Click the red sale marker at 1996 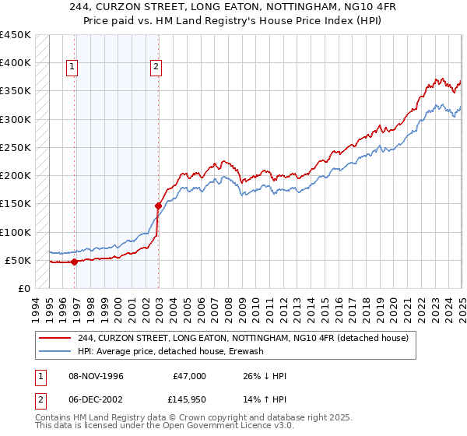click(x=75, y=262)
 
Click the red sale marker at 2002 click(x=158, y=206)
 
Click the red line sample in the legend click(x=56, y=338)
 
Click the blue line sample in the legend click(x=56, y=351)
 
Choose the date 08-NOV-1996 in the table click(x=97, y=376)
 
